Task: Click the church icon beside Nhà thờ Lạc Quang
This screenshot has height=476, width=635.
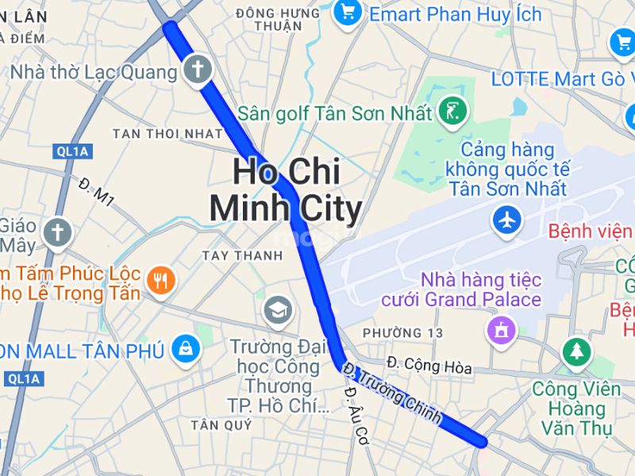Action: point(198,70)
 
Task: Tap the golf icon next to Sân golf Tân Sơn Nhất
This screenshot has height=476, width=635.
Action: point(452,112)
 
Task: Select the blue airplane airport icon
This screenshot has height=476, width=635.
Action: point(507,220)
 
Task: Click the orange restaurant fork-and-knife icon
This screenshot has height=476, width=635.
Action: point(161,280)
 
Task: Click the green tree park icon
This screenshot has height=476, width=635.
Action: point(575,351)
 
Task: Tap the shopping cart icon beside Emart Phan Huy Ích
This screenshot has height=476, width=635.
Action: point(347,12)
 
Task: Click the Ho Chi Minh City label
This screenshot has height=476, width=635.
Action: point(285,190)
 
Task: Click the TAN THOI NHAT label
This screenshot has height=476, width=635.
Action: point(167,133)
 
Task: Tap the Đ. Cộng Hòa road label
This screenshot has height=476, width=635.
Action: point(429,366)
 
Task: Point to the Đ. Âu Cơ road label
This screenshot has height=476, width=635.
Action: point(356,420)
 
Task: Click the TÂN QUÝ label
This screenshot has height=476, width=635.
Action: point(221,425)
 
